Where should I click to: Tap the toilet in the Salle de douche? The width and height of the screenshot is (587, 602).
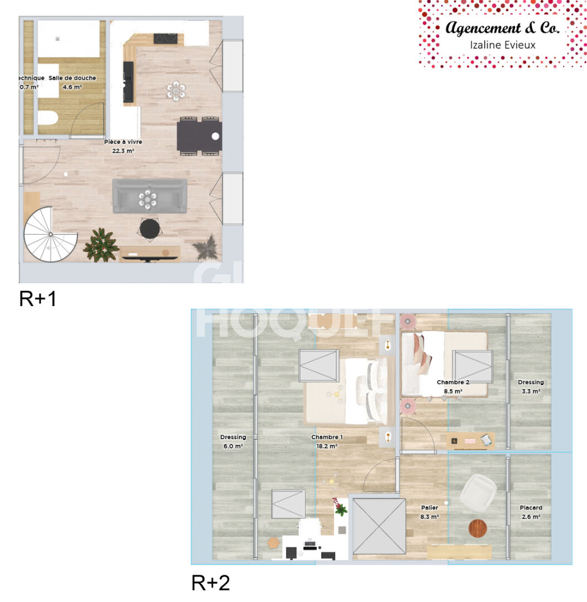click(x=47, y=119)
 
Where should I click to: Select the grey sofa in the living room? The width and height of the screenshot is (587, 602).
click(x=149, y=196)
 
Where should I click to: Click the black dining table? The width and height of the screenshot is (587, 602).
click(x=199, y=136)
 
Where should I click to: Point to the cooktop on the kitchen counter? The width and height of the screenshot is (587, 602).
click(x=166, y=38)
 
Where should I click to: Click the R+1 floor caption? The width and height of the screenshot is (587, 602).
click(x=38, y=299)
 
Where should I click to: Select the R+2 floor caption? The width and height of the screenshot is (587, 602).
click(x=211, y=582)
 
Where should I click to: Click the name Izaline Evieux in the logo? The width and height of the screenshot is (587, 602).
click(x=503, y=45)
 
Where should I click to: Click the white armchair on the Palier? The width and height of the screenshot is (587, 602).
click(x=478, y=492)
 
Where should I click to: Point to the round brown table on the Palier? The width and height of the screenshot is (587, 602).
click(x=478, y=527)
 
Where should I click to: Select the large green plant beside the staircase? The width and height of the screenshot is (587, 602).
click(x=101, y=244)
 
